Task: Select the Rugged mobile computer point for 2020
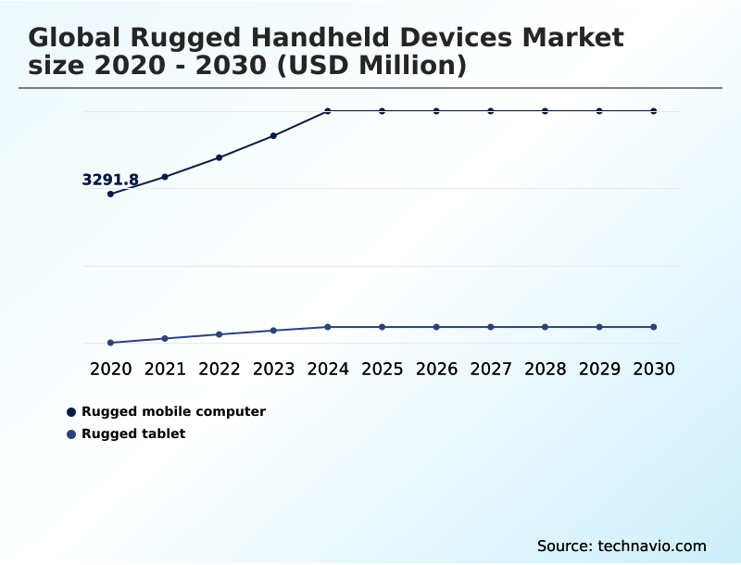[x=110, y=194]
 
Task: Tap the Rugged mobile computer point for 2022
[x=220, y=157]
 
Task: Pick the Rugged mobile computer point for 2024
[x=328, y=111]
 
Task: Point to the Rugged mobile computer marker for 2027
[x=491, y=111]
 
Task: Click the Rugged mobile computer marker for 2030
[x=654, y=111]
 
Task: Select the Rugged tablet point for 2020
[x=110, y=343]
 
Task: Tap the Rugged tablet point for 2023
[x=273, y=331]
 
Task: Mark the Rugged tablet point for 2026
[x=436, y=327]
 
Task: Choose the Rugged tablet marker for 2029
[x=599, y=327]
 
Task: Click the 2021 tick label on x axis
[x=165, y=369]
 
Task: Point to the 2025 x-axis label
[x=382, y=369]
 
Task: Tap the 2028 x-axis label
[x=545, y=369]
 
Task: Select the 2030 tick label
[x=654, y=369]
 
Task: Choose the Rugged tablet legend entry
[x=133, y=433]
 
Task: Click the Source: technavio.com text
[x=622, y=546]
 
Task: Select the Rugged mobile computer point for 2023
[x=273, y=136]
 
